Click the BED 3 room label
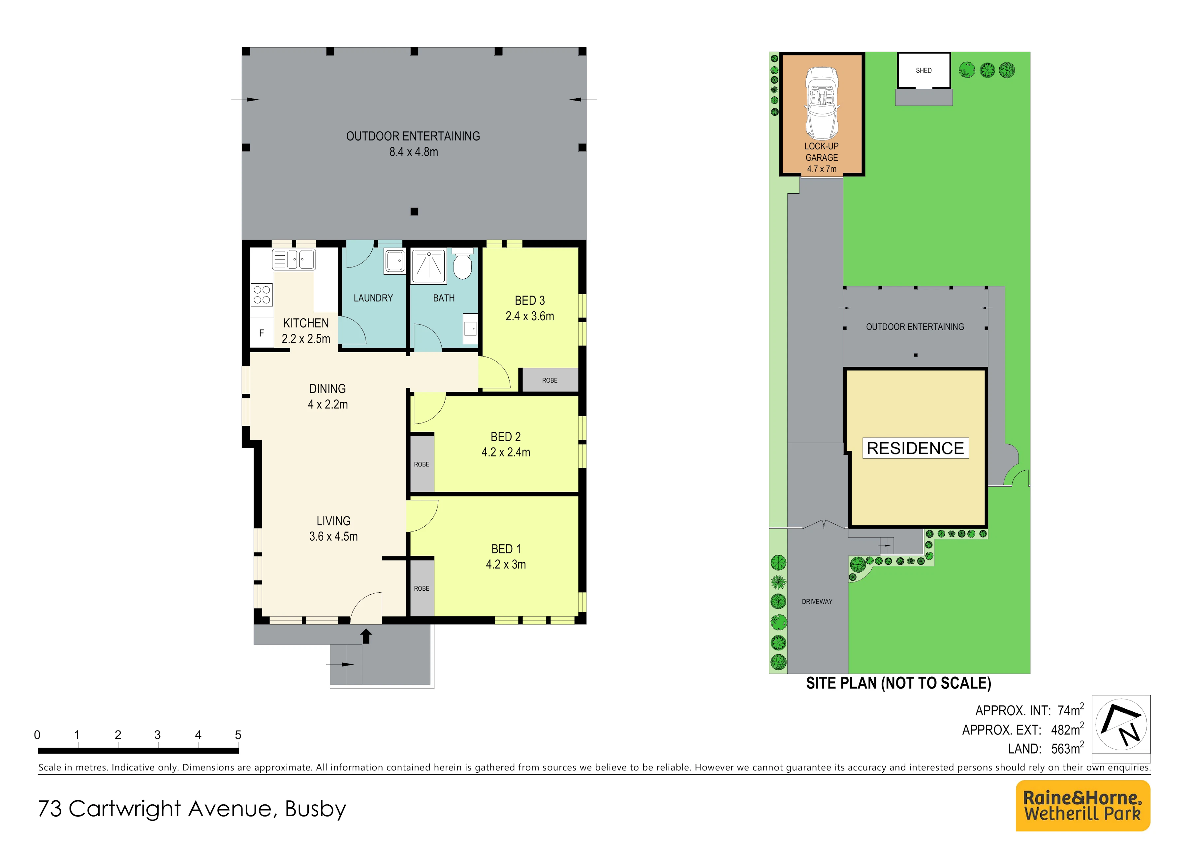click(530, 300)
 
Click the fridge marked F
click(262, 333)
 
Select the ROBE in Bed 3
click(549, 380)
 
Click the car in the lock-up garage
click(822, 103)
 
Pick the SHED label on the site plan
click(924, 71)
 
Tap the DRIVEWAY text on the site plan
click(817, 602)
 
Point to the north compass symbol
click(1121, 724)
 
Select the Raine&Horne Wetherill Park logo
click(1083, 806)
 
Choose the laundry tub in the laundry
click(394, 262)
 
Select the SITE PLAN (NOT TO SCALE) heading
click(898, 683)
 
